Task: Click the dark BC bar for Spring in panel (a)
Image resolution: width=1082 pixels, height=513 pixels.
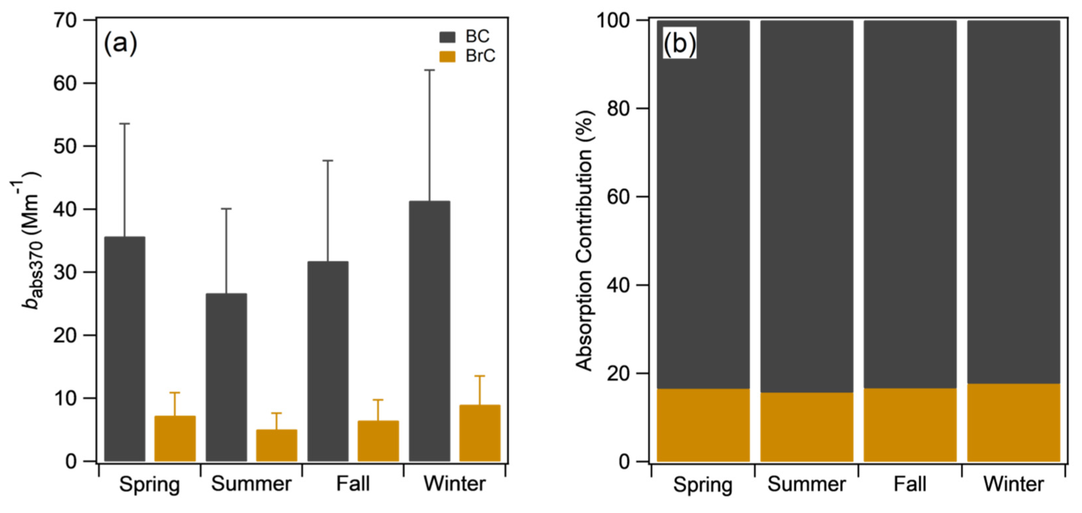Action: [124, 349]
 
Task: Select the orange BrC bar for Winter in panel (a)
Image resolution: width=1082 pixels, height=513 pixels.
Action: [480, 433]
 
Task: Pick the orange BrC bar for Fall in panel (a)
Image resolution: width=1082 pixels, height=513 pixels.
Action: [378, 441]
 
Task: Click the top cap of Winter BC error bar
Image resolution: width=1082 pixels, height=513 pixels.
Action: [429, 70]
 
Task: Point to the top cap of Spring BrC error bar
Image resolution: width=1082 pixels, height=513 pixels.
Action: [175, 393]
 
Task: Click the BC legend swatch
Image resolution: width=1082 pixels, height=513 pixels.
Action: [447, 37]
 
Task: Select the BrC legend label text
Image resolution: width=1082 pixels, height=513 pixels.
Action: [480, 56]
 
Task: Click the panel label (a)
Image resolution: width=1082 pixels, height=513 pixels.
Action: [120, 43]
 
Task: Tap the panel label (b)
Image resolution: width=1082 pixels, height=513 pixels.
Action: [679, 43]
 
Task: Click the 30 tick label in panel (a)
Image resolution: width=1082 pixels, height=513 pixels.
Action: [66, 272]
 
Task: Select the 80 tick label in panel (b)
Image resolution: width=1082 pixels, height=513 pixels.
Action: [620, 108]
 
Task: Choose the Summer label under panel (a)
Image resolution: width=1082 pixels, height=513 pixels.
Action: [251, 484]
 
